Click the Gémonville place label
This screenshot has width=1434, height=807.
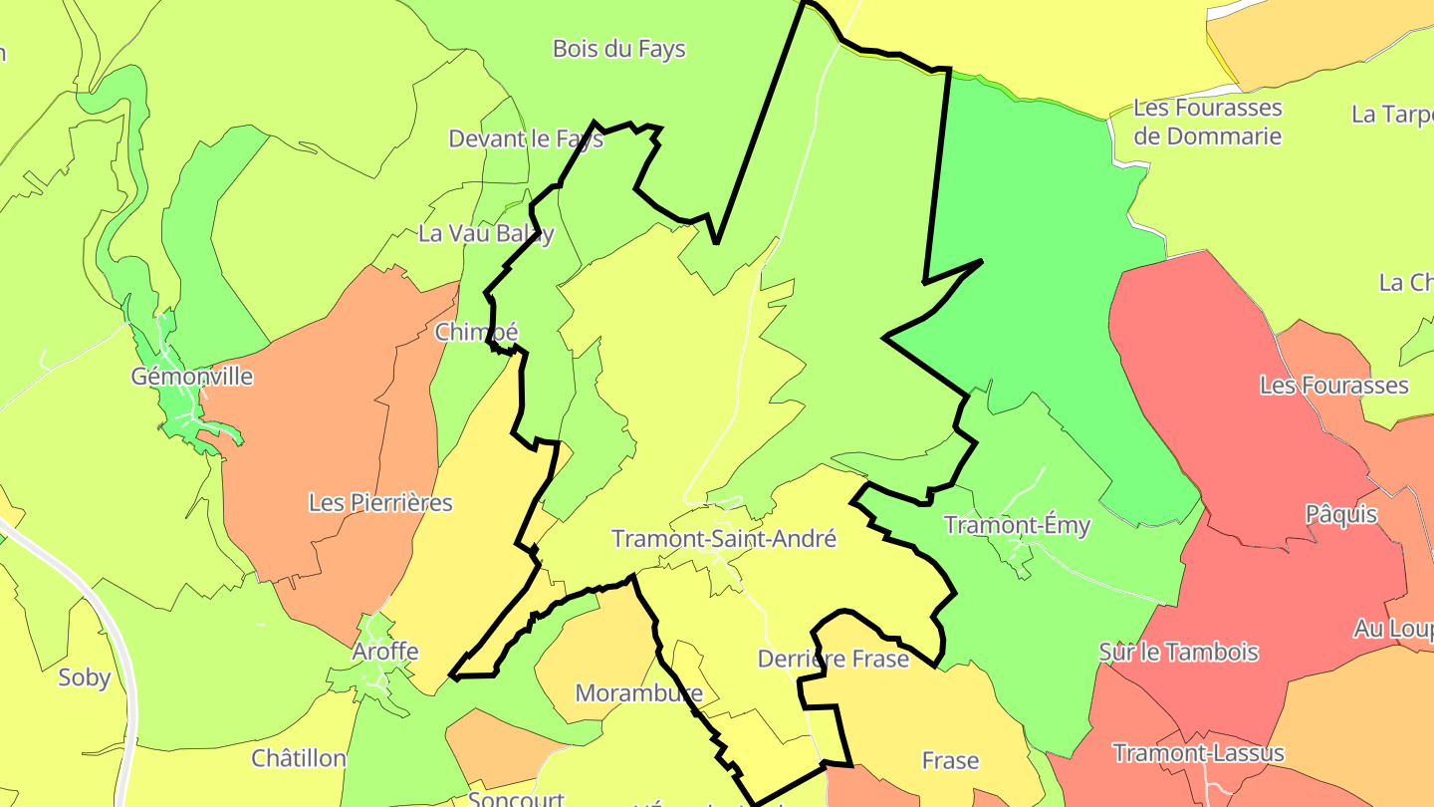tap(192, 377)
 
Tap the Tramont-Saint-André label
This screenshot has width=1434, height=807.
tap(724, 539)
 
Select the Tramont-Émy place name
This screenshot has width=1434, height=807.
tap(1017, 525)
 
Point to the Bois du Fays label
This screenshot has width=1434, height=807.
tap(618, 48)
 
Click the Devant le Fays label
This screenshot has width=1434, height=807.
tap(526, 138)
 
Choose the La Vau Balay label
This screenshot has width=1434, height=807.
tap(486, 234)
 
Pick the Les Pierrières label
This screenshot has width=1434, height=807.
tap(380, 502)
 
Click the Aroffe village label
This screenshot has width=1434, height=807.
tap(385, 652)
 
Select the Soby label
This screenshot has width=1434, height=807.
tap(85, 677)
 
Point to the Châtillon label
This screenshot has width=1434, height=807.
tap(299, 758)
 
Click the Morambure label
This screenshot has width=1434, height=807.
tap(639, 692)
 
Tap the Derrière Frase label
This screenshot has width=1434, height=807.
tap(834, 659)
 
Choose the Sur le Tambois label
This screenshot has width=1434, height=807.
tap(1178, 653)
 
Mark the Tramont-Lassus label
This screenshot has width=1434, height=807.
tap(1199, 752)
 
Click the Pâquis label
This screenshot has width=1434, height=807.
tap(1341, 514)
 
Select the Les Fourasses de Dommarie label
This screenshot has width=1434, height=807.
tap(1208, 122)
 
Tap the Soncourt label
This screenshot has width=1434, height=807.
tap(516, 799)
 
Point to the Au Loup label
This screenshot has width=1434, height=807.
tap(1392, 630)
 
